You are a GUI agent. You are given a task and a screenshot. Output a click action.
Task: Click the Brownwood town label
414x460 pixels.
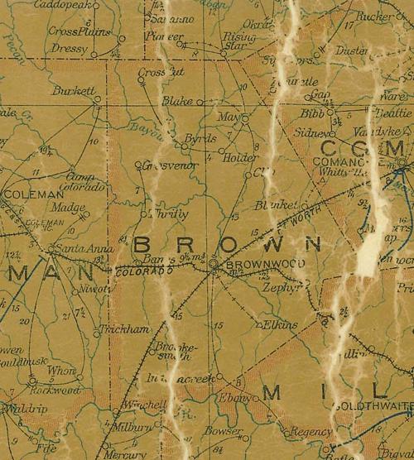tap(254, 265)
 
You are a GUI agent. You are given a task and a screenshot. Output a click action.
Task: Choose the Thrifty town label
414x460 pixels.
tap(169, 213)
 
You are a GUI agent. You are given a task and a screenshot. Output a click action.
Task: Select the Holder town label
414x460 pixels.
tap(236, 157)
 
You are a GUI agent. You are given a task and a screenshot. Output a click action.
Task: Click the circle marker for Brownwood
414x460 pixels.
tap(213, 264)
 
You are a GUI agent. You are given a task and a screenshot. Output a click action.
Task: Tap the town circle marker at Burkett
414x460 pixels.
tap(98, 99)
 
